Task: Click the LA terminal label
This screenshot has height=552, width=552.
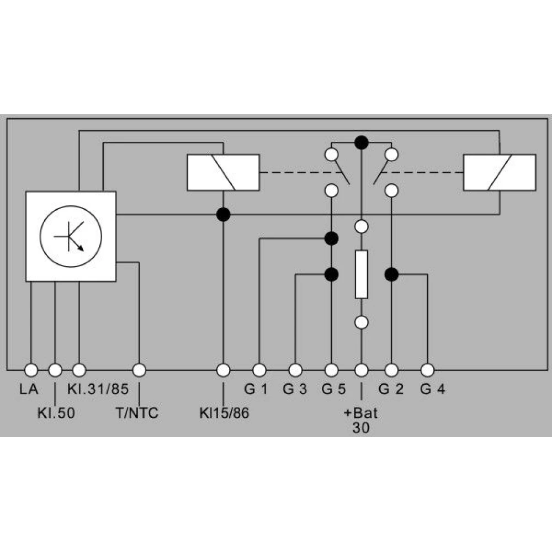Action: (x=29, y=389)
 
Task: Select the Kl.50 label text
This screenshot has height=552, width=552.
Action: (x=56, y=413)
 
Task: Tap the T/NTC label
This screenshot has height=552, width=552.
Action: (x=137, y=413)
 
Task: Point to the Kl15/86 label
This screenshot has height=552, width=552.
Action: (x=224, y=413)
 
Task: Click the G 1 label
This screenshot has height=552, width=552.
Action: (x=256, y=389)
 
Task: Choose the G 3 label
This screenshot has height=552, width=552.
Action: (x=295, y=389)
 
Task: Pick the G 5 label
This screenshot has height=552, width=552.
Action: (x=334, y=389)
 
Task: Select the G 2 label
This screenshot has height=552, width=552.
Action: (x=391, y=389)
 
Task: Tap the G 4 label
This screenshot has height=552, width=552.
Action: (x=433, y=389)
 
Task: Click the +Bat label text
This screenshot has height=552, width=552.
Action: (x=361, y=412)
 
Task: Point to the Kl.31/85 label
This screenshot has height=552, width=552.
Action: (x=98, y=389)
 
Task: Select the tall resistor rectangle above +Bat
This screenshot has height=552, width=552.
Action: (x=362, y=274)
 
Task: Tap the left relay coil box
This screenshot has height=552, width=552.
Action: (x=223, y=172)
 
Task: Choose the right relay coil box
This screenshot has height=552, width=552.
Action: (x=500, y=172)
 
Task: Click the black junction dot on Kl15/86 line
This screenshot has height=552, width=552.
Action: (x=223, y=214)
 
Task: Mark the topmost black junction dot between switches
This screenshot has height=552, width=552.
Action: (x=362, y=142)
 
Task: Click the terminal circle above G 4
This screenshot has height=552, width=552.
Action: (x=427, y=370)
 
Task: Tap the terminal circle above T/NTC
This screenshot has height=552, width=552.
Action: (x=139, y=370)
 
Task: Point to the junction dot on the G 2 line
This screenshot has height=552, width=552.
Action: (x=391, y=274)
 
